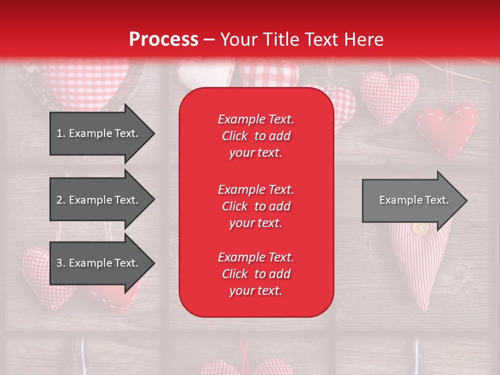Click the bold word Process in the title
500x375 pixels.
pyautogui.click(x=164, y=40)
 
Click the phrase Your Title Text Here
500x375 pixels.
pyautogui.click(x=302, y=40)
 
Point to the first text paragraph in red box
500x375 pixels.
pyautogui.click(x=256, y=136)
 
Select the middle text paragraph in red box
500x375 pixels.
pyautogui.click(x=256, y=206)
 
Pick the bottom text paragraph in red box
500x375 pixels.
pyautogui.click(x=256, y=274)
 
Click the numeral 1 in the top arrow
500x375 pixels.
pyautogui.click(x=59, y=133)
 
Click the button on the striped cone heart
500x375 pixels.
pyautogui.click(x=419, y=228)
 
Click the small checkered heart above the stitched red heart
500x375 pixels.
pyautogui.click(x=390, y=96)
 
